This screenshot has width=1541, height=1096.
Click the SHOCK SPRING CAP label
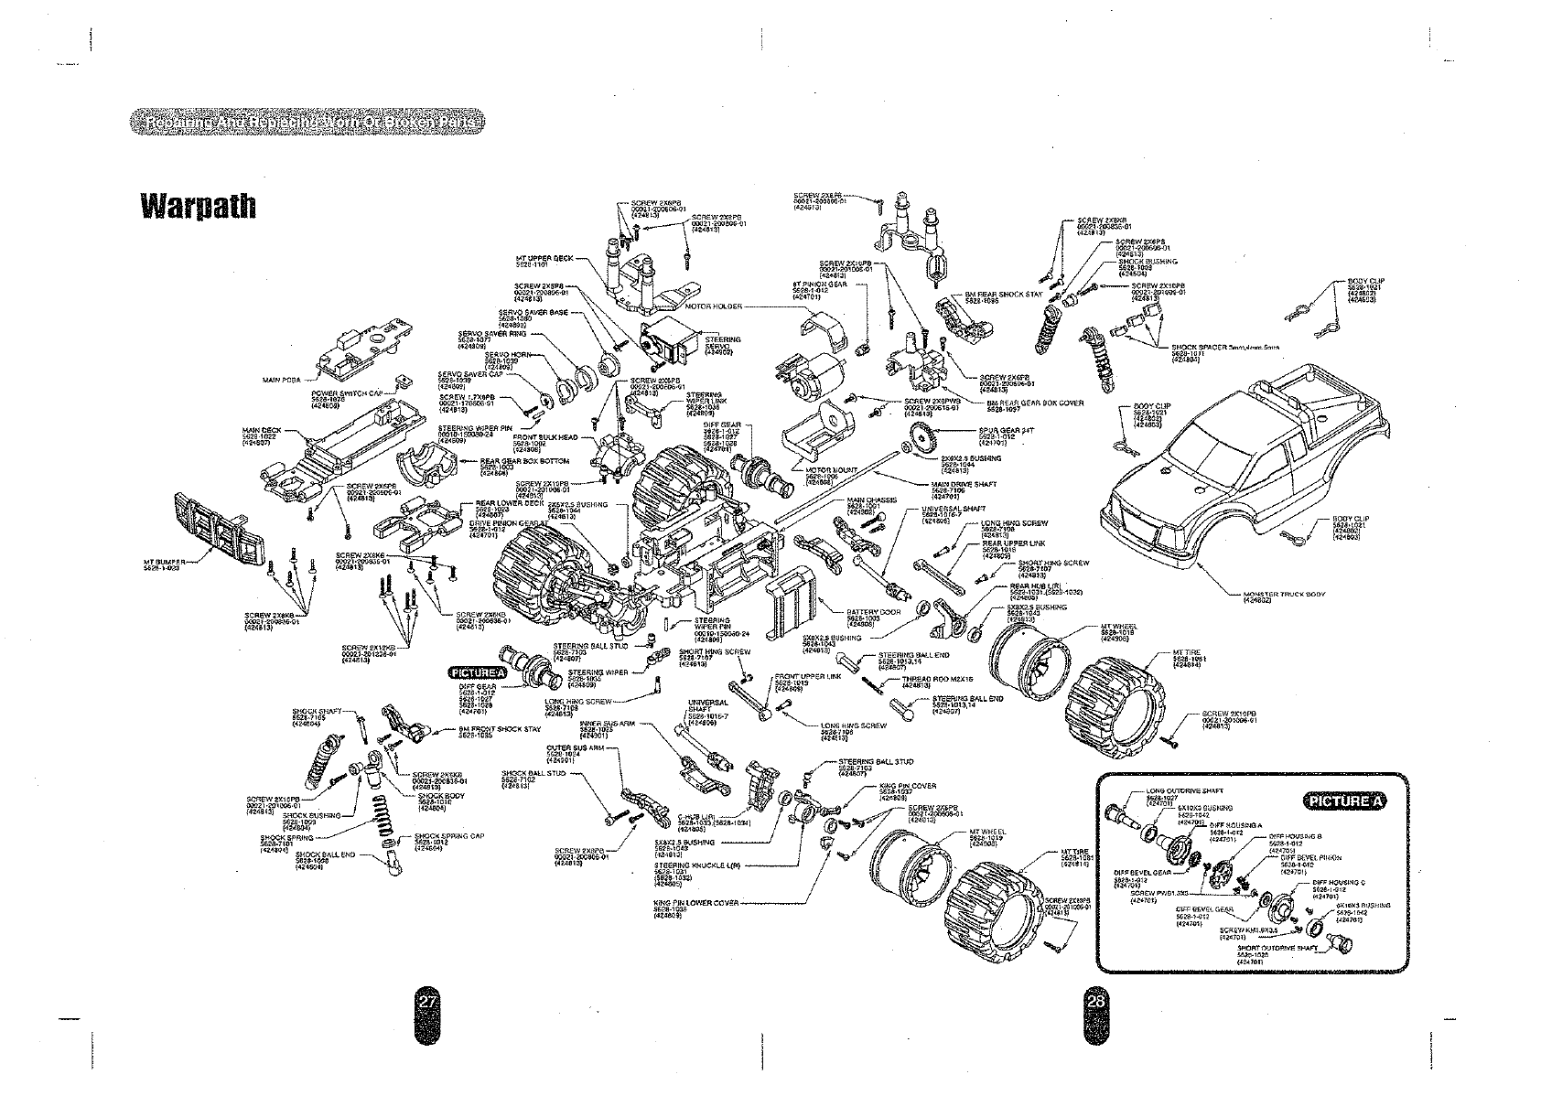(442, 836)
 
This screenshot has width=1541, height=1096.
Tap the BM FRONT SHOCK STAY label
(500, 729)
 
